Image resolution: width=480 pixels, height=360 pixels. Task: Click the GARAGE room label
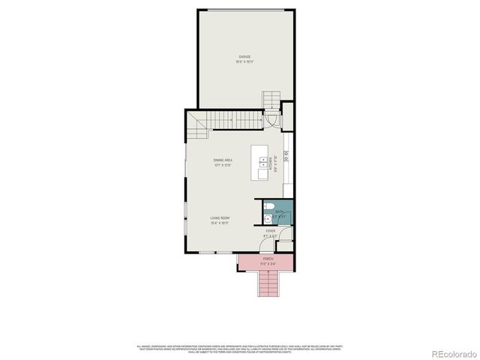point(244,57)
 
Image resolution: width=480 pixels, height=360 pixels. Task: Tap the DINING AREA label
point(222,160)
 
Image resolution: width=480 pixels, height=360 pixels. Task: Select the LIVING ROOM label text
point(220,218)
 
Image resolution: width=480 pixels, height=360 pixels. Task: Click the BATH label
point(279,212)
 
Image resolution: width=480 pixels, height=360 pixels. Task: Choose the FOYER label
point(270,231)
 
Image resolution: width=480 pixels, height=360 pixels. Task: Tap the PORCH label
point(268,259)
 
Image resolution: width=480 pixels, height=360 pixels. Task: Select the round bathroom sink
point(269,218)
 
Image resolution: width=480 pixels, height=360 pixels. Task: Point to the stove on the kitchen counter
point(286,158)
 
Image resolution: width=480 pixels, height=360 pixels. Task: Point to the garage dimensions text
point(244,61)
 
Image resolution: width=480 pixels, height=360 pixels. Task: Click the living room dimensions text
point(220,223)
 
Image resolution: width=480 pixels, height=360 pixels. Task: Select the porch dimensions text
point(268,263)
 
